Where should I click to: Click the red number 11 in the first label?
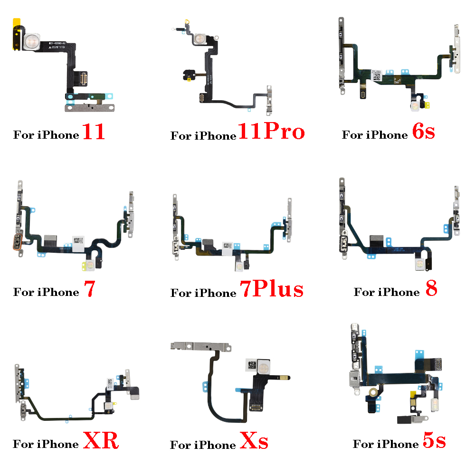coord(94,133)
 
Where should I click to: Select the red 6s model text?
coord(424,132)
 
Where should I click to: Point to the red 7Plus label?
coord(271,289)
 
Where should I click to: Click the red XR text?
coord(101,441)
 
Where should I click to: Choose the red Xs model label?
coord(254,442)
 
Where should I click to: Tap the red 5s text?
coord(434,441)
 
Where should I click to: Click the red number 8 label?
coord(431,289)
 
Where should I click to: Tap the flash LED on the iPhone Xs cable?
coord(267,366)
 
